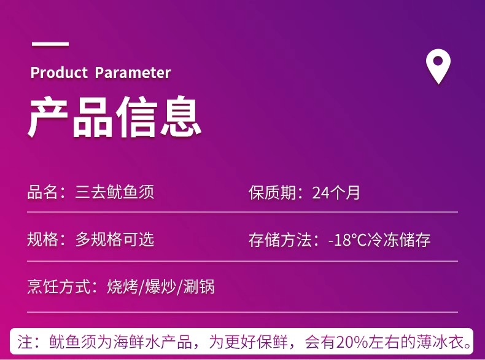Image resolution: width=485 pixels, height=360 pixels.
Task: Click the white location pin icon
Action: (x=438, y=66)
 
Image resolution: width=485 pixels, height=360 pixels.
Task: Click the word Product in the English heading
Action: (x=59, y=72)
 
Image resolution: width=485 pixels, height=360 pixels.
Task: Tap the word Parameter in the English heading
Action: (x=133, y=72)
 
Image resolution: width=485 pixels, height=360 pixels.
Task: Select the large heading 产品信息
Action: (x=115, y=117)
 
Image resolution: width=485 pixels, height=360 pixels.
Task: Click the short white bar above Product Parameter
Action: (x=50, y=44)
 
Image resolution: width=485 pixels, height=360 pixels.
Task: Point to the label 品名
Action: (x=42, y=192)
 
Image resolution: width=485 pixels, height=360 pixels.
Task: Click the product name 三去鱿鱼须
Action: (x=114, y=192)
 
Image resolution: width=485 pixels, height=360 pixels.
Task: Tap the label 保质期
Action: (x=272, y=192)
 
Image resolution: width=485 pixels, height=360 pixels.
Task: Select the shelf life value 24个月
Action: (x=336, y=192)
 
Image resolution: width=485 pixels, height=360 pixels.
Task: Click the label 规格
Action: (x=42, y=239)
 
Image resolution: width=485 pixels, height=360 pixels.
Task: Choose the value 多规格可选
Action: (x=114, y=239)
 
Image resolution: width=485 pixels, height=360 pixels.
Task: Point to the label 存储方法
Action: (x=280, y=240)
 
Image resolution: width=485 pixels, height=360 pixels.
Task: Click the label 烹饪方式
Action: (x=58, y=286)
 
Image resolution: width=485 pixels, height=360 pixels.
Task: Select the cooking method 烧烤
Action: (x=123, y=286)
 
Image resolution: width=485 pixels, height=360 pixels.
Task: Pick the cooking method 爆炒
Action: (x=160, y=286)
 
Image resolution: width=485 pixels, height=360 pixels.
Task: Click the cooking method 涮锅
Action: (x=199, y=286)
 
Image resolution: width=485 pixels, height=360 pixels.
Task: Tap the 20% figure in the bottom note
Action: (x=352, y=342)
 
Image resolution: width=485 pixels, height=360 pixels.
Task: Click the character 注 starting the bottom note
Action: (x=25, y=342)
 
